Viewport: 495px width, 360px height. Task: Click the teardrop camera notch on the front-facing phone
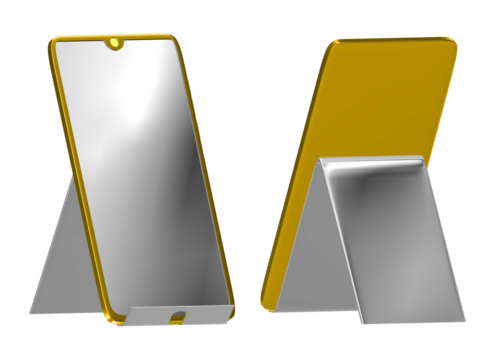[116, 43]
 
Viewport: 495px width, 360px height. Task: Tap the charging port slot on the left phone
[177, 317]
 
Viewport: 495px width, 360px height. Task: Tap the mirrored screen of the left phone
[140, 170]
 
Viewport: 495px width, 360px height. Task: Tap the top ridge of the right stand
[370, 160]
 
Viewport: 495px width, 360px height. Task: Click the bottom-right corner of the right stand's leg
[462, 318]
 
